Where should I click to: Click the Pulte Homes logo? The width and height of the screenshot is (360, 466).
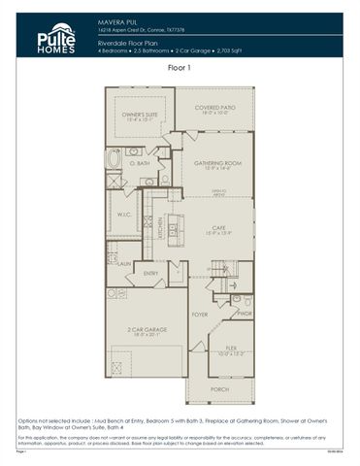coord(55,37)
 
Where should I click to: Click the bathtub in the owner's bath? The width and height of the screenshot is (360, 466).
coord(115,158)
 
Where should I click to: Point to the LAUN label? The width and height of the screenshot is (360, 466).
coord(124,263)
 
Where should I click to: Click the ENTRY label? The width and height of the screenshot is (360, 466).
coord(151,273)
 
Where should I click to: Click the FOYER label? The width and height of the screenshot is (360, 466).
coord(199,315)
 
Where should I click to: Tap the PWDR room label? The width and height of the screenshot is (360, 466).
coord(244,314)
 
